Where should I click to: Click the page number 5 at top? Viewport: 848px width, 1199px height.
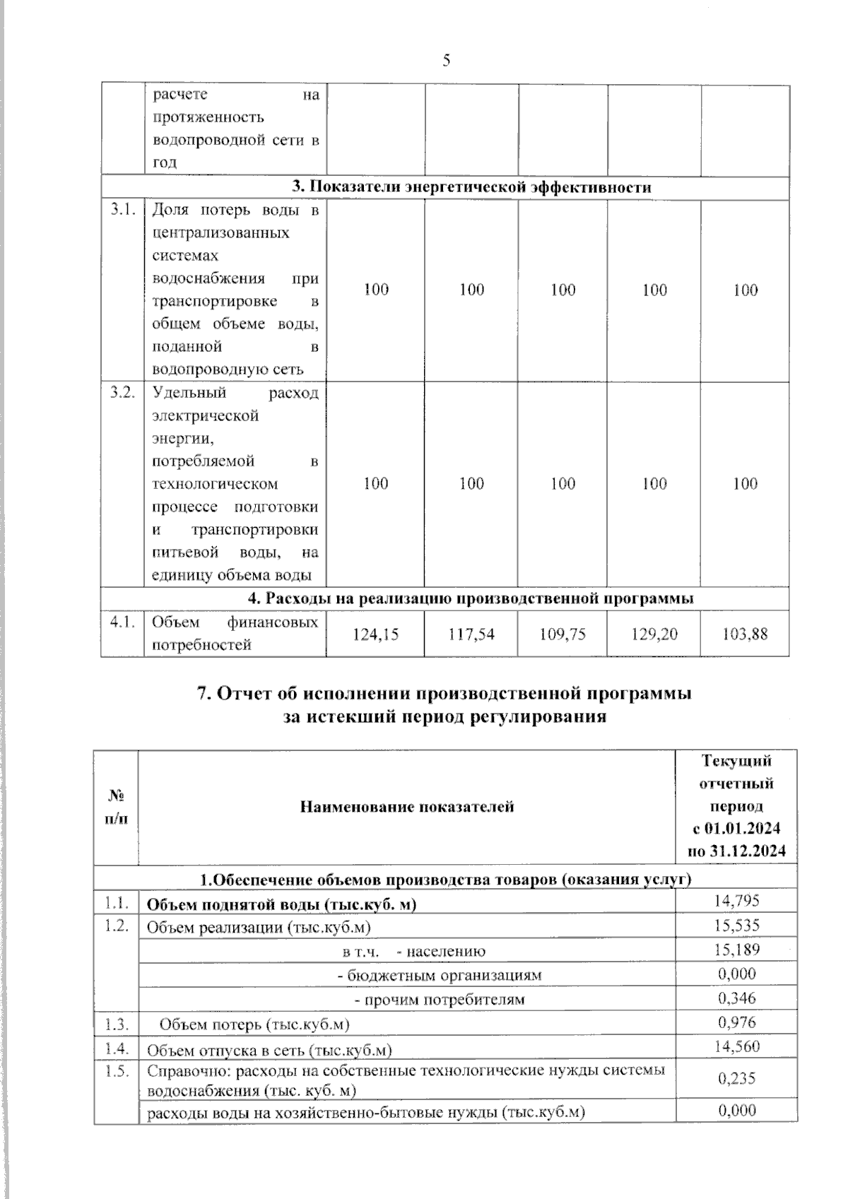[446, 60]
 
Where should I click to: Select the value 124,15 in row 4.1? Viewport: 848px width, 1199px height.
[376, 634]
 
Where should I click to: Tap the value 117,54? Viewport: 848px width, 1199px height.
[471, 634]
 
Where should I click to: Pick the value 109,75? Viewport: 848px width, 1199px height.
[563, 634]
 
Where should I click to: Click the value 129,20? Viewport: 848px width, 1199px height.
[654, 634]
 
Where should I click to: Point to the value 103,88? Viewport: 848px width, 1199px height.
[745, 634]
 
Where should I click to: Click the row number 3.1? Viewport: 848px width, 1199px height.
[122, 211]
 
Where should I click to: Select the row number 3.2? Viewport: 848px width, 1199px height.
[122, 394]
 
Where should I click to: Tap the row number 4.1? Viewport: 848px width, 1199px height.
[122, 622]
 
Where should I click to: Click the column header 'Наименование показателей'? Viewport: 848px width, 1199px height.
[407, 806]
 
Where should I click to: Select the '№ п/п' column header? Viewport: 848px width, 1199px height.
[116, 806]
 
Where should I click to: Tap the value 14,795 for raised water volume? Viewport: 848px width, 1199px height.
[736, 900]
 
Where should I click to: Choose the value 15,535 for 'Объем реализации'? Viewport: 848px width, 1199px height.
[736, 925]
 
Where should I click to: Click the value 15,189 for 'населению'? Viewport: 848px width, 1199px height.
[736, 950]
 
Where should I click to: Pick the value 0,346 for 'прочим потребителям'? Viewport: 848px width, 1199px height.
[736, 998]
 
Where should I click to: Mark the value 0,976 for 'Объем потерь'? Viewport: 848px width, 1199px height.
[736, 1022]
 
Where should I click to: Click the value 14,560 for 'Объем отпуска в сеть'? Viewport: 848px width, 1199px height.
[736, 1046]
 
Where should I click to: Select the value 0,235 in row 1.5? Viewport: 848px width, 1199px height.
[736, 1078]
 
